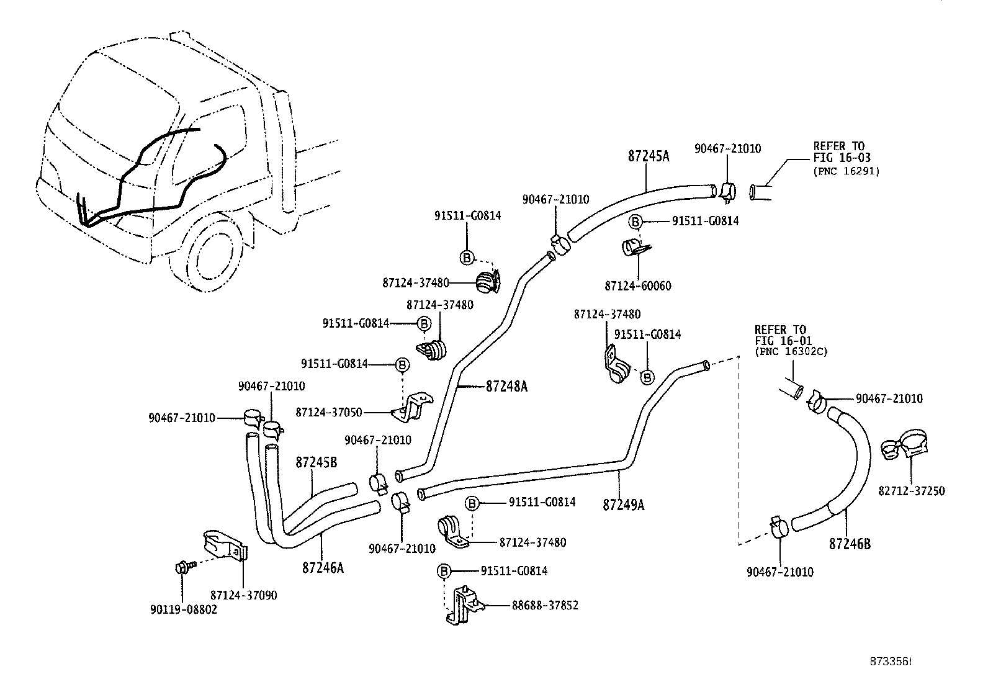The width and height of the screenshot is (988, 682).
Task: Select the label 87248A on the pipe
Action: (x=506, y=387)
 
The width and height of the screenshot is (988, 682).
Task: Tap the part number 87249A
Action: (x=623, y=505)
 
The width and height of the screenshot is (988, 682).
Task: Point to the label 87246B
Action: (x=850, y=544)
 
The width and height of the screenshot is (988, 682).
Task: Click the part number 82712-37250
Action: (x=911, y=491)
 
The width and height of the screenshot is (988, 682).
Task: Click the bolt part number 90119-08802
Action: (x=184, y=609)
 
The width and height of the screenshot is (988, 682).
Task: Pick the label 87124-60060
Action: (x=637, y=286)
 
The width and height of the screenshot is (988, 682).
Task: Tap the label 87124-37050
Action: (x=329, y=412)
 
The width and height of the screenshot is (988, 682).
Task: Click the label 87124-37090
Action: (x=243, y=595)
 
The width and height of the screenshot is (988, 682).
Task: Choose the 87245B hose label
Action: (x=316, y=462)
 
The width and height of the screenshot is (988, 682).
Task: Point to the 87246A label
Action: (x=323, y=567)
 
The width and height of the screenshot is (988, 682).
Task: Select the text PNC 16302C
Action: (x=791, y=351)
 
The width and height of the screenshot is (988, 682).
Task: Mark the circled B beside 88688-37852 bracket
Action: (x=443, y=571)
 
